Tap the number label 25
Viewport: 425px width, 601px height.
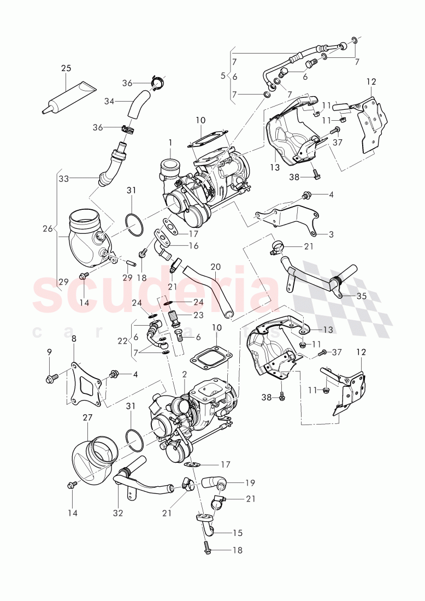point(66,68)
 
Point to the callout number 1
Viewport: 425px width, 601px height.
point(170,143)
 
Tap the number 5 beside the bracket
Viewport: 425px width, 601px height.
point(223,75)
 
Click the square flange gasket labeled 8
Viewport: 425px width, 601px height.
point(86,383)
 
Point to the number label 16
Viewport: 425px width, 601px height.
point(194,246)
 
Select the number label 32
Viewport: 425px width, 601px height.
point(119,514)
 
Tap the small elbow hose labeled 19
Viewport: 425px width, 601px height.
point(214,482)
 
